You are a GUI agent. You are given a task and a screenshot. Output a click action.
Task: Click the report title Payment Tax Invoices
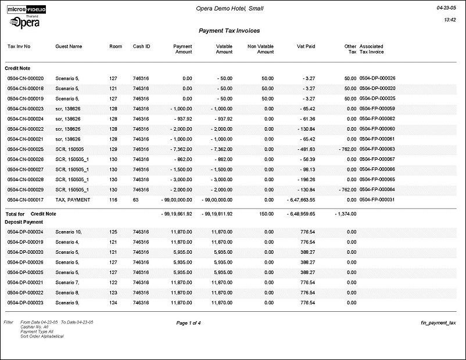click(229, 31)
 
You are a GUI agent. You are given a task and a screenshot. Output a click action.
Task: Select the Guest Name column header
click(69, 46)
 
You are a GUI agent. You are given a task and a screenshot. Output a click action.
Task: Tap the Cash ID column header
click(141, 46)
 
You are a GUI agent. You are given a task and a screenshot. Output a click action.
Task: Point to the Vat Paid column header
click(306, 46)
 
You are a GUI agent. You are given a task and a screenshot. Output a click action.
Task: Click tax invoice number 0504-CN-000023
click(25, 109)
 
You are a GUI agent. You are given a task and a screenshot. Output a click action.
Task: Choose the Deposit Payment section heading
click(24, 222)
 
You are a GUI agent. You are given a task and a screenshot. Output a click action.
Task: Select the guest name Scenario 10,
click(69, 232)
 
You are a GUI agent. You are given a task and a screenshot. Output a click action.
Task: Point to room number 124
click(113, 303)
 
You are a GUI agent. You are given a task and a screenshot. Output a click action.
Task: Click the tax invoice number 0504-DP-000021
click(25, 282)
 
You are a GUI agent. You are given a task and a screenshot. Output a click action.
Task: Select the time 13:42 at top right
click(449, 20)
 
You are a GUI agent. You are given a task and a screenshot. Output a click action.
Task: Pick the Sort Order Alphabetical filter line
click(42, 336)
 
